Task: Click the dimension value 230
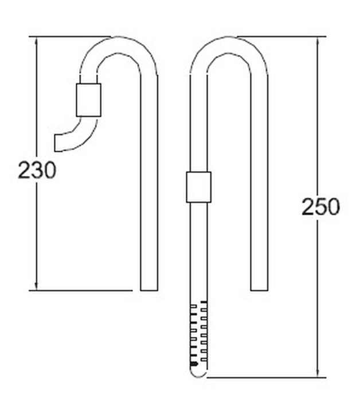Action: [37, 170]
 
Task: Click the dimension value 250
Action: [320, 206]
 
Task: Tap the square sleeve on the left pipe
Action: [88, 100]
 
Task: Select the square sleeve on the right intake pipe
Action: [198, 187]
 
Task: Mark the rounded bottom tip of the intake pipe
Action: [198, 374]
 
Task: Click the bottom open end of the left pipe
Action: [148, 289]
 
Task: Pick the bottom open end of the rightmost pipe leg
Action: [259, 289]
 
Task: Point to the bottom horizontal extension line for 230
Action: [80, 290]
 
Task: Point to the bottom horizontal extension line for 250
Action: [264, 378]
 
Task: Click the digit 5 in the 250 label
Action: [320, 206]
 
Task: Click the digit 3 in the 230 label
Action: [37, 170]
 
